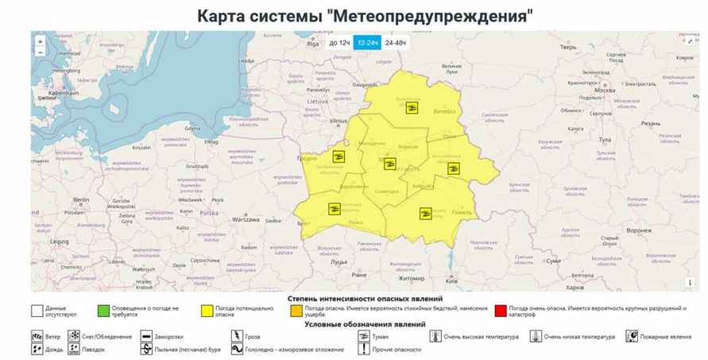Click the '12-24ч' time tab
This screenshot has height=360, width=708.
366,43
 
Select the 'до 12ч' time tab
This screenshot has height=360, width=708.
339,43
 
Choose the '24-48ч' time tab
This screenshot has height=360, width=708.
395,43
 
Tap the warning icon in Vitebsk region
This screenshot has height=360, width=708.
412,108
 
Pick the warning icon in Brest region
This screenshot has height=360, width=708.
335,209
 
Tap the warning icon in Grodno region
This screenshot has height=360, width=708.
339,157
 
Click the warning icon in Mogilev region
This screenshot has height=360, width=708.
453,168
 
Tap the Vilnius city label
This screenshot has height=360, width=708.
339,121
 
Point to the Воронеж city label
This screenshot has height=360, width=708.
638,230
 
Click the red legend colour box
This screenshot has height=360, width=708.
500,310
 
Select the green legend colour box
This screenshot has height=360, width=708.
103,310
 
